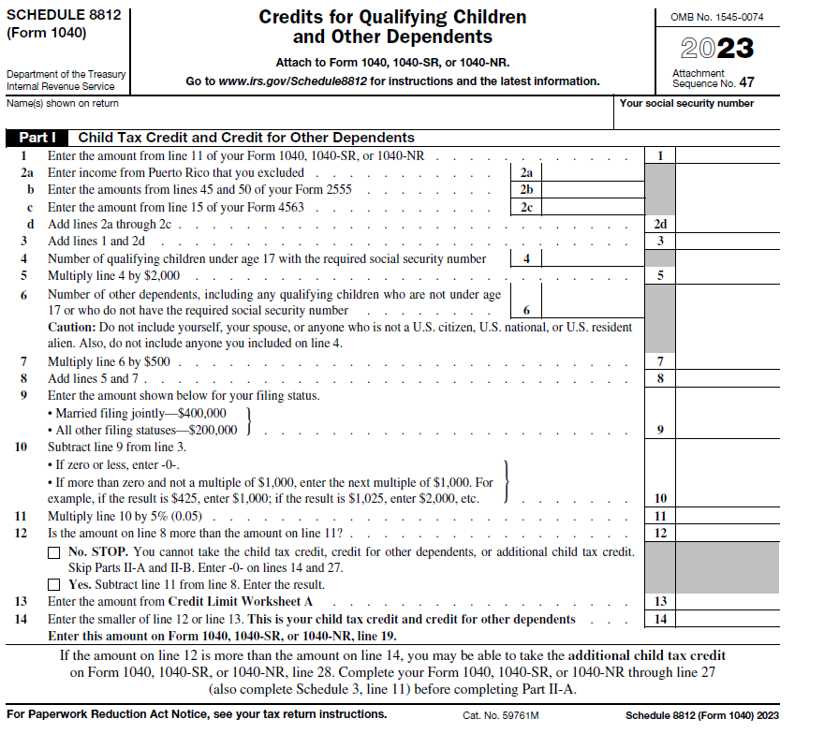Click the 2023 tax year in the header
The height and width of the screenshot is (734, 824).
(x=716, y=48)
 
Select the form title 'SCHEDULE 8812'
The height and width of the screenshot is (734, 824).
(x=60, y=16)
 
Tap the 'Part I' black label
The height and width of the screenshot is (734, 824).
(x=38, y=138)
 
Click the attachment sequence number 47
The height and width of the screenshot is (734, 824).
(x=745, y=82)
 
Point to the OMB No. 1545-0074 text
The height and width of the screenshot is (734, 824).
(x=717, y=18)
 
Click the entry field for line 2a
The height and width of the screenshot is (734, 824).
(x=591, y=172)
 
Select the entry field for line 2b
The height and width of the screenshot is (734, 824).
(x=591, y=190)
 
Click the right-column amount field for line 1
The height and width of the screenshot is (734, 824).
(x=727, y=155)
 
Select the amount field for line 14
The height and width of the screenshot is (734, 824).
(x=727, y=619)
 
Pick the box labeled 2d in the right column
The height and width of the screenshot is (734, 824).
(x=660, y=225)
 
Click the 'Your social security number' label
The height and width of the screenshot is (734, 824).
(x=686, y=103)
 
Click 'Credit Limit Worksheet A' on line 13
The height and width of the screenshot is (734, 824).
(x=241, y=601)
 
